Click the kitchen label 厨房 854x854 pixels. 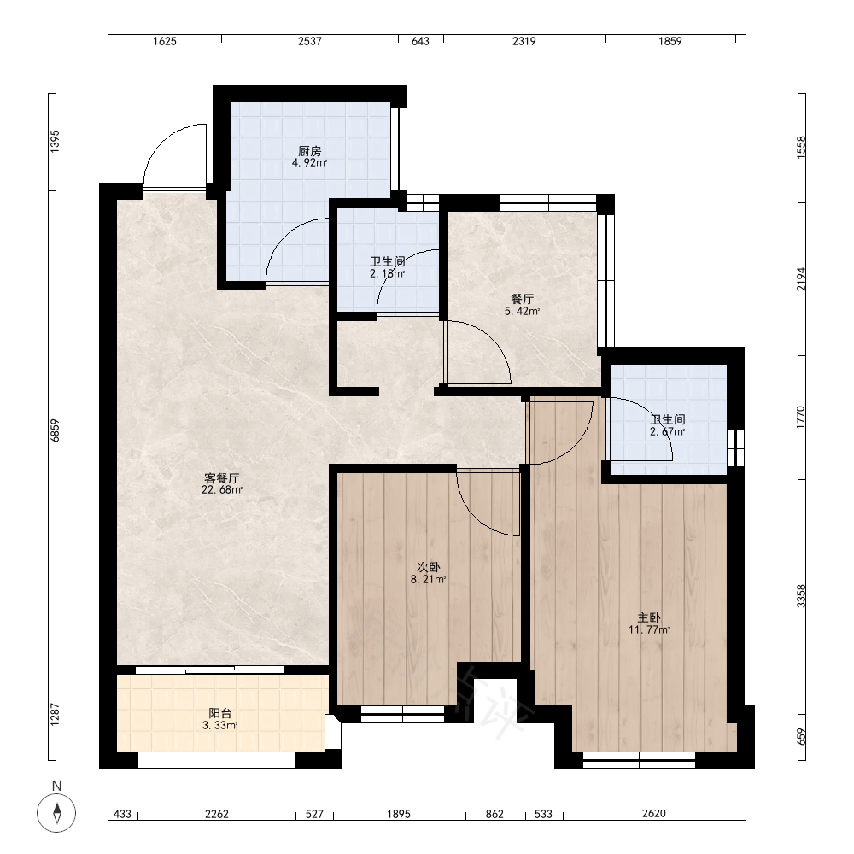coord(309,151)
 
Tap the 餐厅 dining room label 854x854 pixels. coord(523,299)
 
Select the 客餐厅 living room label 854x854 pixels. coord(222,478)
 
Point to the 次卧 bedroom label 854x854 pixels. coord(429,567)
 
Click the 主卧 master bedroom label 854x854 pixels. coord(649,617)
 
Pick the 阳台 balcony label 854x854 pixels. coord(220,713)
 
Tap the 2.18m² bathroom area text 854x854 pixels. coord(387,273)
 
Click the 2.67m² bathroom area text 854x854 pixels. coord(667,431)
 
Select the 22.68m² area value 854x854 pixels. coord(222,489)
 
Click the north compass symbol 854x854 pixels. coord(56,813)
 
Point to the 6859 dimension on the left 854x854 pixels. coord(55,430)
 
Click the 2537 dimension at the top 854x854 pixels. coord(309,41)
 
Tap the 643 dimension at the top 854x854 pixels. coord(420,41)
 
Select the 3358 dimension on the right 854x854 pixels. coord(801,596)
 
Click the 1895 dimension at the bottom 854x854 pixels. coord(399,814)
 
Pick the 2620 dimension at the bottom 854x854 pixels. coord(653,813)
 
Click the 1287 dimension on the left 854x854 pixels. coord(55,714)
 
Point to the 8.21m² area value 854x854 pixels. coord(429,579)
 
